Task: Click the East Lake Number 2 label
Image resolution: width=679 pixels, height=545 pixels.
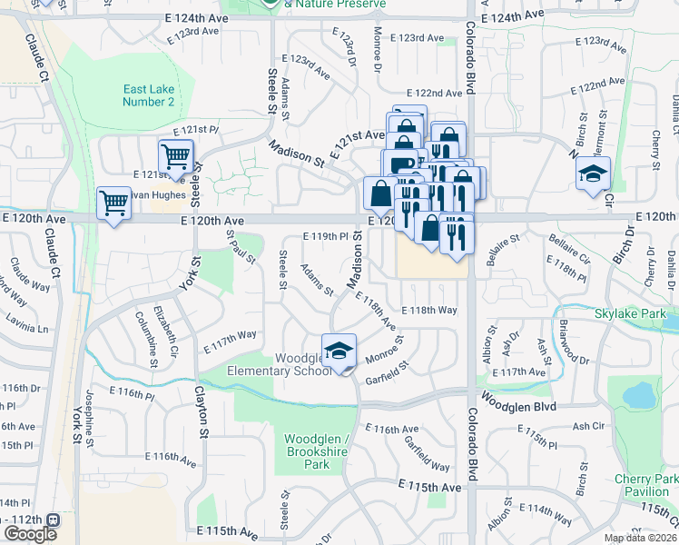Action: [149, 95]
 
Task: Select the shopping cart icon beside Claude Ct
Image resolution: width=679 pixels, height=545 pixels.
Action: [113, 203]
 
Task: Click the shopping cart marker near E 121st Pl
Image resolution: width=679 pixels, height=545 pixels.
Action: [175, 155]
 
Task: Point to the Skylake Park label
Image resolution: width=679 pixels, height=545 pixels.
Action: [625, 313]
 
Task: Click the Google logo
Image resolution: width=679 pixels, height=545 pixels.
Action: [30, 534]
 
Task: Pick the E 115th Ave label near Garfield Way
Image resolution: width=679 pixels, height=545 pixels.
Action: [430, 487]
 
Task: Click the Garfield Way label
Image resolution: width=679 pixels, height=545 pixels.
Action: [428, 453]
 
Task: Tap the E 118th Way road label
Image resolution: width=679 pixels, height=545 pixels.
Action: [428, 310]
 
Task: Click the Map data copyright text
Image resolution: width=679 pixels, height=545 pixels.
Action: [639, 538]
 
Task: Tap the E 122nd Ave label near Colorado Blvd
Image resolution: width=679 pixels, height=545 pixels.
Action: [434, 93]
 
